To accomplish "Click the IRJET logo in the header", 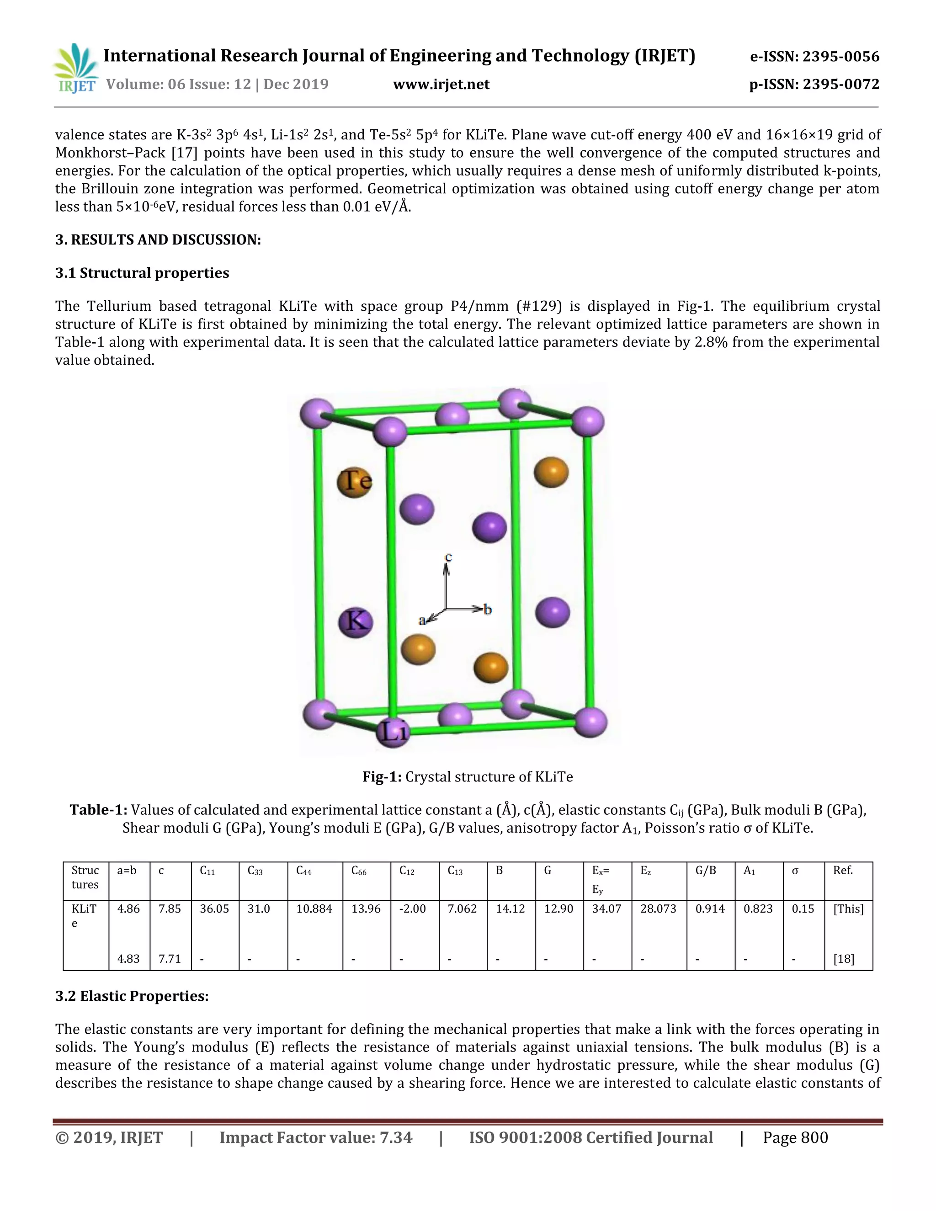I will (x=76, y=68).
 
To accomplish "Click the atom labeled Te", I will (x=355, y=481).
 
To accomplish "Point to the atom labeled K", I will (x=356, y=621).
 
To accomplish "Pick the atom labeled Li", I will (x=393, y=732).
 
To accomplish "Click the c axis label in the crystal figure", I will (x=449, y=556).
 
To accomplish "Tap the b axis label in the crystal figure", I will (x=487, y=609).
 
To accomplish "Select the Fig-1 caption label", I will (x=382, y=777).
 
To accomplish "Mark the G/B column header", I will (x=705, y=871).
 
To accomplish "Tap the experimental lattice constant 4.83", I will (x=128, y=959).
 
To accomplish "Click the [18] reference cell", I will (x=843, y=959).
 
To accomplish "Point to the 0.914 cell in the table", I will (x=710, y=909).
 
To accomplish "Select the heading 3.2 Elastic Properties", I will (x=132, y=996).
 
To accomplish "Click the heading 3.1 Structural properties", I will (x=142, y=273).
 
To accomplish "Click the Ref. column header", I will (x=843, y=871).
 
